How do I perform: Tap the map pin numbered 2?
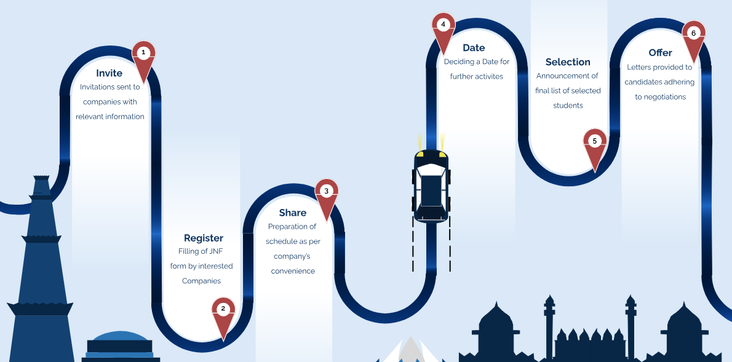point(223,314)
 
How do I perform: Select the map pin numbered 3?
point(326,195)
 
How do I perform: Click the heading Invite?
point(109,73)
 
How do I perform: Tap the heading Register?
point(204,238)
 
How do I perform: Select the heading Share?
point(293,213)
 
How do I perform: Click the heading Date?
point(474,48)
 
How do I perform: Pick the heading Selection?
point(568,62)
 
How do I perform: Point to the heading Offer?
point(660,53)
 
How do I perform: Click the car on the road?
point(431,185)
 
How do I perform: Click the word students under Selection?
point(568,106)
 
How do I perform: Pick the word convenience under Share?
point(293,271)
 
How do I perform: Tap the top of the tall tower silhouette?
point(41,178)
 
